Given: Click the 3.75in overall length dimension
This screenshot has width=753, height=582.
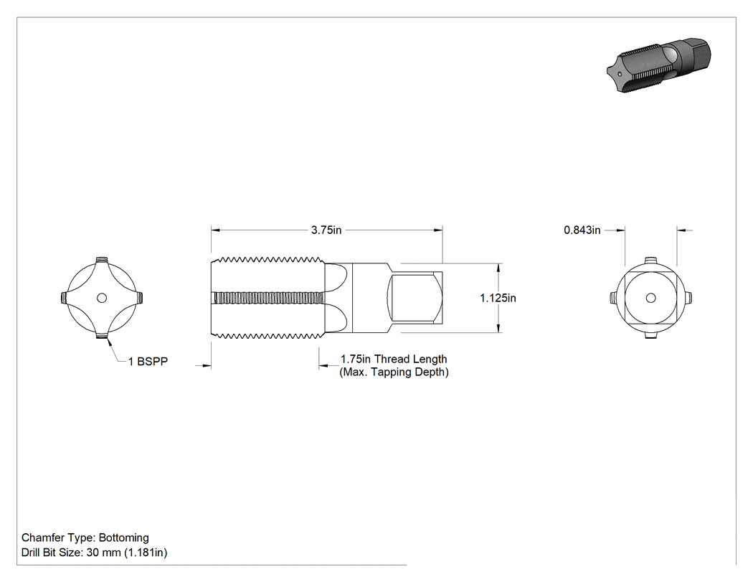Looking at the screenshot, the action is point(326,230).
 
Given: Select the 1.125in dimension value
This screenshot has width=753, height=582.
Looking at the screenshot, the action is point(498,298).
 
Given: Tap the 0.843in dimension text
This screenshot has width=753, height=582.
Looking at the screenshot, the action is point(582,230).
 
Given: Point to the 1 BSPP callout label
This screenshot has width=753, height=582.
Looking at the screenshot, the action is point(148,362).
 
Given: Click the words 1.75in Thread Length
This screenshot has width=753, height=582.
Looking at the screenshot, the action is point(394,359).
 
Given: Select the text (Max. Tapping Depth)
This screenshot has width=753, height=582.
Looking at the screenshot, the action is point(394,372).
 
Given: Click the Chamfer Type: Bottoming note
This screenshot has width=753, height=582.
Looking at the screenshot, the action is point(85,538).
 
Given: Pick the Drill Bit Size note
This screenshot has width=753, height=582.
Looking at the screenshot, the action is point(94,553).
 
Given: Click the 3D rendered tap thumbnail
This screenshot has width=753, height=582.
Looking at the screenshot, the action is point(658,65).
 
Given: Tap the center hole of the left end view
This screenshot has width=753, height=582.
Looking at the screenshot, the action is point(101,298).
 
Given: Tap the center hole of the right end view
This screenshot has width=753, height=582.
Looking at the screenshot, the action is point(650,298).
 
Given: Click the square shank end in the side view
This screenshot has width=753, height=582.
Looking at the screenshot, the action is point(415,298).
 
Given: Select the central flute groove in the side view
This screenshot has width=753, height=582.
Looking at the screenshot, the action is point(268,298).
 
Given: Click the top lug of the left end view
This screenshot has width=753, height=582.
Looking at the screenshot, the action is point(101,261).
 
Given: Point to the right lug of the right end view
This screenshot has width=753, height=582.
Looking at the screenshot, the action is point(688,298).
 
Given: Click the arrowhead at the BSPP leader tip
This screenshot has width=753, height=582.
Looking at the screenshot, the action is point(110,342).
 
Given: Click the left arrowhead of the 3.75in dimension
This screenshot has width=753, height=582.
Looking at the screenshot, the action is point(215,230).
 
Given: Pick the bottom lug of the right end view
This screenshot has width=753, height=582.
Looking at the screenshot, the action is point(650,335).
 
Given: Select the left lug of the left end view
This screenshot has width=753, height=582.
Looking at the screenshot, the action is point(65,298).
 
